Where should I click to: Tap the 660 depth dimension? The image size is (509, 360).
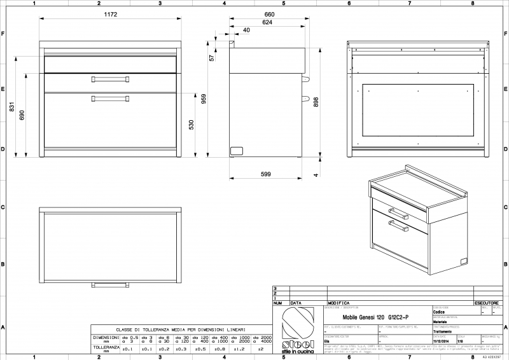click(x=268, y=13)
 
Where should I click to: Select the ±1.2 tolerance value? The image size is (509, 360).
click(x=239, y=349)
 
